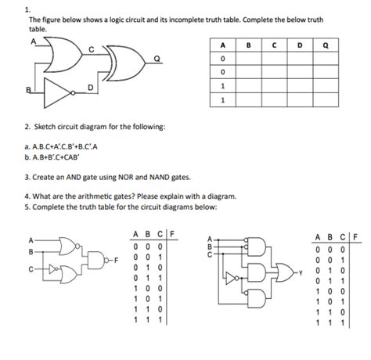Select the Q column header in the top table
tap(326, 45)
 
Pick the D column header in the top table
tap(300, 45)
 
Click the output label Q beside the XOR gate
tap(157, 59)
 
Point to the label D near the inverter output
tap(90, 87)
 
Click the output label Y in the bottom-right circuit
tap(301, 273)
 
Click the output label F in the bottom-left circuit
tap(117, 260)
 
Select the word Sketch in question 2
tap(45, 127)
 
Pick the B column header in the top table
tap(249, 45)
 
